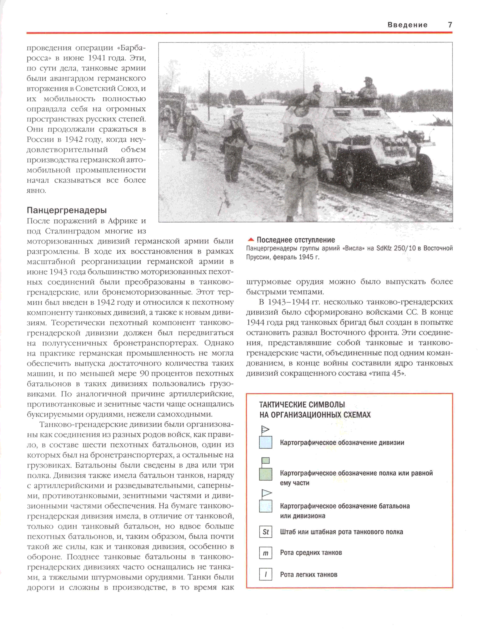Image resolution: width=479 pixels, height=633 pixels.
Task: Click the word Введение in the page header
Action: click(407, 25)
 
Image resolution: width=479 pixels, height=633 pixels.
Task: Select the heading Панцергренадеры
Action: click(67, 210)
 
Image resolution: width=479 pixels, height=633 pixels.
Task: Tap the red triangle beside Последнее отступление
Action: click(251, 240)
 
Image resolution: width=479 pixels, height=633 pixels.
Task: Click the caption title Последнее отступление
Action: click(296, 240)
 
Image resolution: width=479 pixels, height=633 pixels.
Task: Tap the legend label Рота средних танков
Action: click(311, 552)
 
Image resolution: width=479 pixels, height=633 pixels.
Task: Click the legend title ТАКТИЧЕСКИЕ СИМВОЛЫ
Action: click(302, 405)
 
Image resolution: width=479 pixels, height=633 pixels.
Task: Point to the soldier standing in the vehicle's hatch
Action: click(367, 89)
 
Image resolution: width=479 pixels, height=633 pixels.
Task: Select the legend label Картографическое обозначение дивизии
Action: click(342, 443)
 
